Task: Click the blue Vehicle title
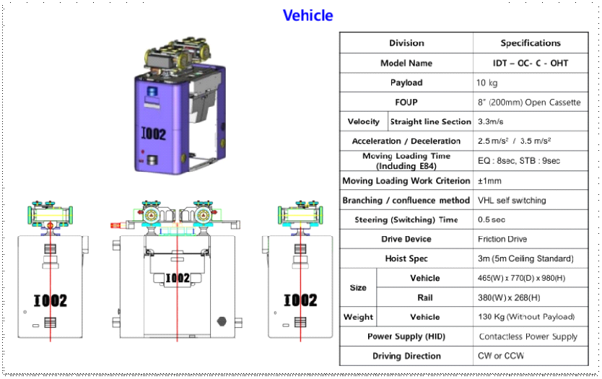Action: (307, 15)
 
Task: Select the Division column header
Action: (406, 43)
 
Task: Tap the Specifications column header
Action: (530, 43)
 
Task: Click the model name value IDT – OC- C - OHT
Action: (530, 63)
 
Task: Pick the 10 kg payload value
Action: (487, 83)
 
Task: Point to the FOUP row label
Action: (406, 103)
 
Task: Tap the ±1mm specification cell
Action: (489, 180)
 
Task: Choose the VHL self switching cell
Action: (512, 200)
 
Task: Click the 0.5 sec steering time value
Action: (492, 219)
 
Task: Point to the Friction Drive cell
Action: (502, 239)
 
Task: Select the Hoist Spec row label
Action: (406, 258)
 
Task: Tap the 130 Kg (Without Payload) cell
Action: (526, 317)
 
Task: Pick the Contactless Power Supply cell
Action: (528, 336)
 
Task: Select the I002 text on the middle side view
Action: (177, 278)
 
